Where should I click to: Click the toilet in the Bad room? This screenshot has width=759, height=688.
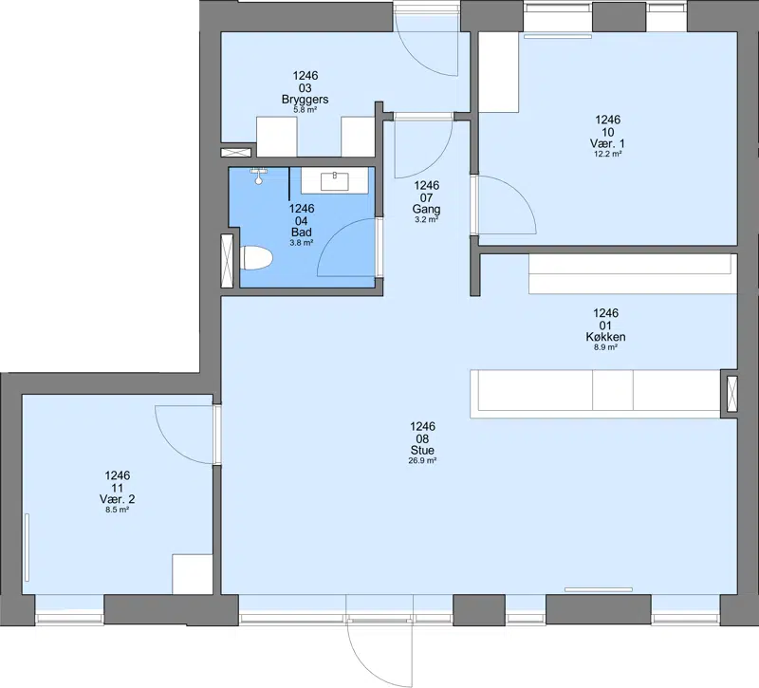click(256, 258)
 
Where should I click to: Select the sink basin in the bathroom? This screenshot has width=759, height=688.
click(335, 181)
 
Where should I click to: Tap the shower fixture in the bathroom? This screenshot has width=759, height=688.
click(259, 176)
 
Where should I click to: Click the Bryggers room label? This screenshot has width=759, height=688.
click(305, 100)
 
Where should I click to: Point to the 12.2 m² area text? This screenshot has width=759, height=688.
click(608, 154)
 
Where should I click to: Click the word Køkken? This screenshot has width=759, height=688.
click(605, 337)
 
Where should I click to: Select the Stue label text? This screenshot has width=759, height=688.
click(422, 450)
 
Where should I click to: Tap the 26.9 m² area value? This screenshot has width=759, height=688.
click(422, 461)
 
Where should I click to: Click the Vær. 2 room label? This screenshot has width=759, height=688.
click(117, 499)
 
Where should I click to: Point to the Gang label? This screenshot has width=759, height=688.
click(426, 209)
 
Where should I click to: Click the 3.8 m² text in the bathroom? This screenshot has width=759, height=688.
click(301, 243)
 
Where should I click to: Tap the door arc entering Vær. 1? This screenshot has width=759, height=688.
click(519, 194)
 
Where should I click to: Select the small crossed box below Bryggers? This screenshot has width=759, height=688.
click(235, 153)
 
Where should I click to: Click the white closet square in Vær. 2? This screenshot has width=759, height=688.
click(193, 574)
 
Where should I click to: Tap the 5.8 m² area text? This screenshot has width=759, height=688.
click(305, 110)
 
